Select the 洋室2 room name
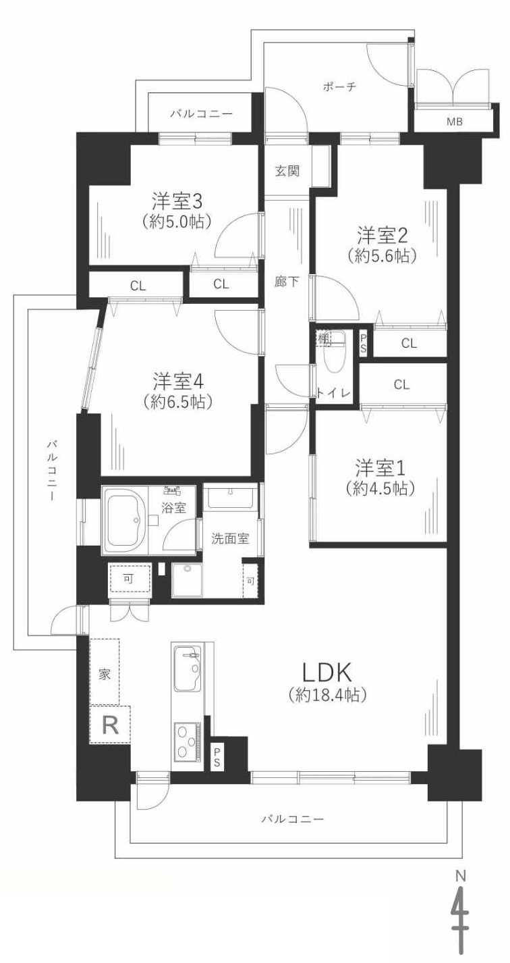pyautogui.click(x=382, y=236)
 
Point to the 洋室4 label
pyautogui.click(x=178, y=381)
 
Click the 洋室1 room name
pyautogui.click(x=380, y=467)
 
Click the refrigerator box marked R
pyautogui.click(x=110, y=725)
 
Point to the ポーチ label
pyautogui.click(x=339, y=86)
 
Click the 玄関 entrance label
pyautogui.click(x=287, y=171)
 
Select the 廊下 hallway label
pyautogui.click(x=287, y=282)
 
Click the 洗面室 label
pyautogui.click(x=230, y=539)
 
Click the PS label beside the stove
pyautogui.click(x=217, y=756)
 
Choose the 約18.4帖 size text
pyautogui.click(x=327, y=694)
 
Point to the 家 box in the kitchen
pyautogui.click(x=105, y=674)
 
